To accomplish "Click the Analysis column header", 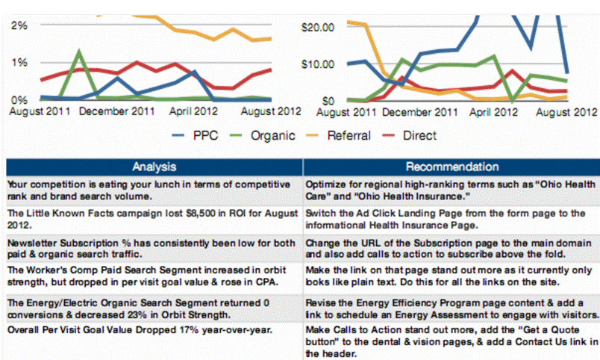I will click(x=154, y=166).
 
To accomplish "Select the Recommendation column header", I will click(x=451, y=166).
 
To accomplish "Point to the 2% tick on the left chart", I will click(x=19, y=25).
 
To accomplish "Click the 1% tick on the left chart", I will click(x=19, y=62).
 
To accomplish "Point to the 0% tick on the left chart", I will click(x=19, y=99).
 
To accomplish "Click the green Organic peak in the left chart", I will click(x=78, y=52).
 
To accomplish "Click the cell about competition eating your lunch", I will click(x=154, y=188).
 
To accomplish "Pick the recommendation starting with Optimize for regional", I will click(x=451, y=188).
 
